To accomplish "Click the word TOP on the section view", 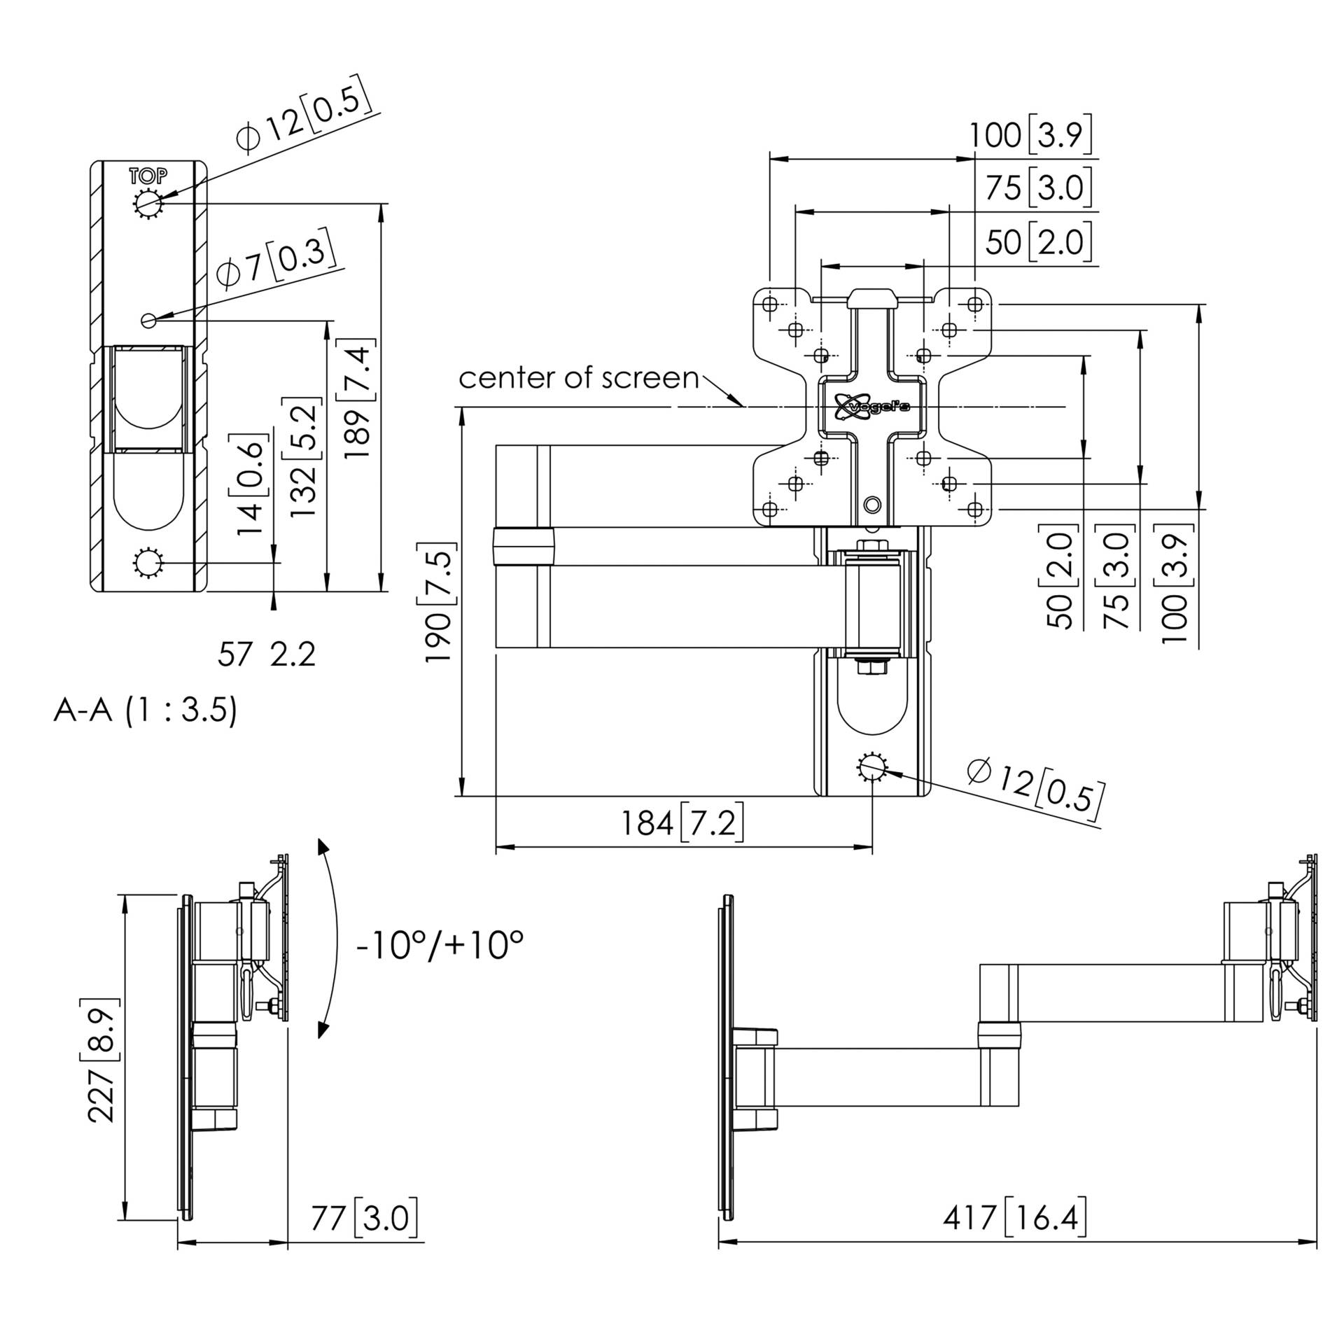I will click(148, 175).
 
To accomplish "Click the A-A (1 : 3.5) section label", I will click(146, 710).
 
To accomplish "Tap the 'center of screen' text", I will click(578, 378).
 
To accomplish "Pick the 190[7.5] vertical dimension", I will click(439, 602).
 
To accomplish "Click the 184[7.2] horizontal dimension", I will click(682, 822).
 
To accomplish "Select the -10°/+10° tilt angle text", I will click(440, 946).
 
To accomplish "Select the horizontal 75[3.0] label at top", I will click(1039, 188).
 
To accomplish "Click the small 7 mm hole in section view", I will click(148, 320).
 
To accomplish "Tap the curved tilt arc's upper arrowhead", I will click(323, 846).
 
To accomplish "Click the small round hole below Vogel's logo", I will click(872, 504).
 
